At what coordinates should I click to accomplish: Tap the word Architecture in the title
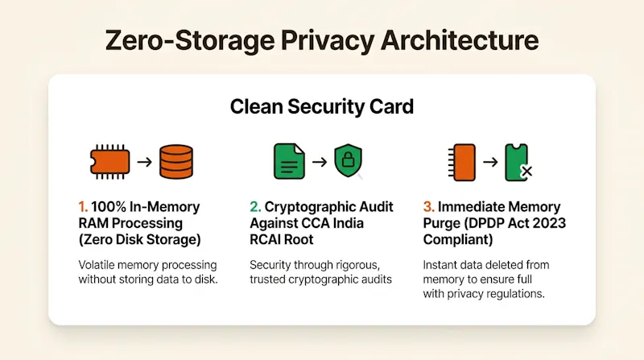click(460, 40)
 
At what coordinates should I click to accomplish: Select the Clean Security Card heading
click(321, 106)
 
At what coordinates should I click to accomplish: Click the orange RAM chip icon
click(109, 162)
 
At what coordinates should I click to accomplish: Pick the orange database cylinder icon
click(176, 162)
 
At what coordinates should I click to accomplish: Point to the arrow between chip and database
click(145, 162)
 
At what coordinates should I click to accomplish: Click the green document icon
click(289, 161)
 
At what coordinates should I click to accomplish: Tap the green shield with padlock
click(349, 160)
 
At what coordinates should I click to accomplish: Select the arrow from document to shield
click(320, 162)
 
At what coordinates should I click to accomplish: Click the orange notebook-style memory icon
click(462, 163)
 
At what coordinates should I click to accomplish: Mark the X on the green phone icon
click(526, 171)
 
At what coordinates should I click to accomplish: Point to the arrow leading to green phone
click(490, 162)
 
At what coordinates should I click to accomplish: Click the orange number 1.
click(83, 207)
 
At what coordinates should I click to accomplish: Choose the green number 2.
click(255, 207)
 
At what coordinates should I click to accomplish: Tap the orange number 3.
click(428, 207)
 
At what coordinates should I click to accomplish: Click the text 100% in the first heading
click(109, 207)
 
